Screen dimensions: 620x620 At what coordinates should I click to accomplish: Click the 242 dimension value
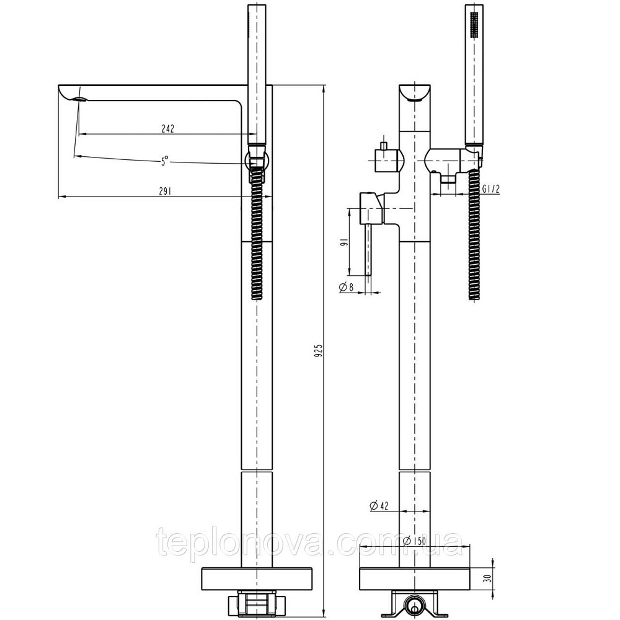pyautogui.click(x=167, y=129)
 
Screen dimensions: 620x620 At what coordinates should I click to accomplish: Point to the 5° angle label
pyautogui.click(x=164, y=161)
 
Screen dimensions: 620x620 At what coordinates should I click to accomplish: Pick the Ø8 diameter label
pyautogui.click(x=347, y=286)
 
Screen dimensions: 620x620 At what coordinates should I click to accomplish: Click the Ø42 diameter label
pyautogui.click(x=378, y=505)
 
